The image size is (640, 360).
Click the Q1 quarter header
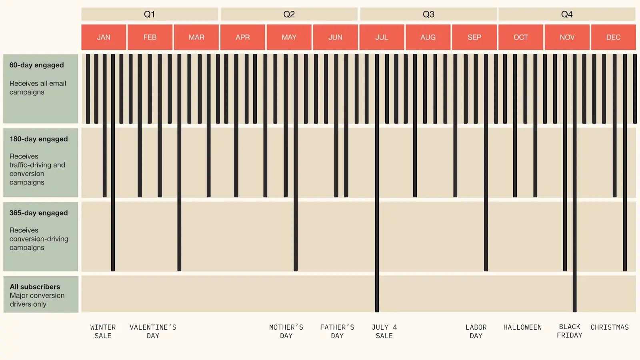[149, 14]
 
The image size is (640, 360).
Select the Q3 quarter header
[428, 14]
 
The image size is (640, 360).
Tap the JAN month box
[104, 37]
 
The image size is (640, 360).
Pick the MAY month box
[289, 37]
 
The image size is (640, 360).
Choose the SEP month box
[474, 37]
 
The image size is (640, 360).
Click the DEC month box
[613, 37]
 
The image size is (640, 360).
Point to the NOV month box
[567, 37]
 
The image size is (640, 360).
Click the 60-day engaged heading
[36, 65]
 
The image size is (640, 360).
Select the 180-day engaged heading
[38, 139]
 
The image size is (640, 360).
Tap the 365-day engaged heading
[38, 213]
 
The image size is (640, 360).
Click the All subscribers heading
[35, 287]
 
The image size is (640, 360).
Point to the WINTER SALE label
[103, 332]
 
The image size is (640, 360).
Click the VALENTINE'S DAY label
[153, 332]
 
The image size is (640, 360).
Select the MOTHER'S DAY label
[286, 332]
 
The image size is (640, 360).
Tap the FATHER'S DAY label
[337, 332]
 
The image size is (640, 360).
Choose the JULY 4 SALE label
[384, 332]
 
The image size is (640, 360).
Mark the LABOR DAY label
[476, 332]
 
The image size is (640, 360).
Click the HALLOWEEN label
[522, 327]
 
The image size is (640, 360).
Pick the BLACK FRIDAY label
[570, 331]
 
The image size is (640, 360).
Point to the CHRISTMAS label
[610, 327]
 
